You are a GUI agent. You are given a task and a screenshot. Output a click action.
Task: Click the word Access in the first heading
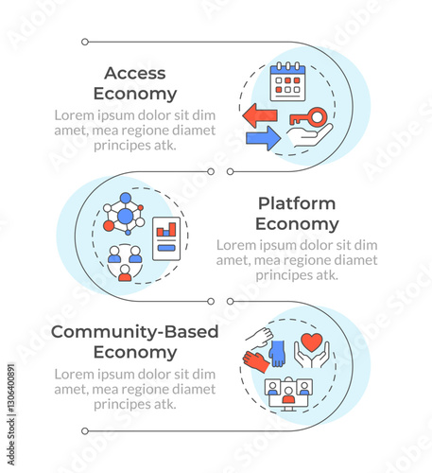coord(135,73)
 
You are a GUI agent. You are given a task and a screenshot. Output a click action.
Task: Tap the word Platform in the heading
coord(297,203)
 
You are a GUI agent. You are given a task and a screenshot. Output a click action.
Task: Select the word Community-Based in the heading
coord(135,332)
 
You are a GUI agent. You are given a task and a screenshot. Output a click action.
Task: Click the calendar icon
coord(287,81)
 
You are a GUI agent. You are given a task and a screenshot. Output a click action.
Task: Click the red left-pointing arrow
coord(260,115)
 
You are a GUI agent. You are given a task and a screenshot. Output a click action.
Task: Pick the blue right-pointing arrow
coord(263,138)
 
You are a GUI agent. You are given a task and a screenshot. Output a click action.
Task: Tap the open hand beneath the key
coord(309,135)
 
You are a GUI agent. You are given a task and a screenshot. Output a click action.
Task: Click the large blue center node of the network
coord(126,216)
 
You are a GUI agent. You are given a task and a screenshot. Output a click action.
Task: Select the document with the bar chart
coord(166,238)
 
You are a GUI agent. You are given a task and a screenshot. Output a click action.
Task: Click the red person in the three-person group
coord(125,273)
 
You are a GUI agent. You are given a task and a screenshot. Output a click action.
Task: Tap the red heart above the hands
coord(312,342)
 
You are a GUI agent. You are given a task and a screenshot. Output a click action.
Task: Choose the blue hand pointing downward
coord(277,354)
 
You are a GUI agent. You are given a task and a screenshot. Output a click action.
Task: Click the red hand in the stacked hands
coord(256,362)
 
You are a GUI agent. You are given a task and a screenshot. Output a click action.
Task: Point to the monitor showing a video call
coord(288,394)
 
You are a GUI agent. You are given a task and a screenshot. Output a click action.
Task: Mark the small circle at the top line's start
coord(85,42)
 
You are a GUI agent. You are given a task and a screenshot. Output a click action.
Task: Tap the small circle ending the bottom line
coord(85,431)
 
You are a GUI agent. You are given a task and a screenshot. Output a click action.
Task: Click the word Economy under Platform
coord(297,224)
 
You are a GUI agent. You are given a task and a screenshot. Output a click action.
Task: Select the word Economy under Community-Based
coord(135,353)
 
